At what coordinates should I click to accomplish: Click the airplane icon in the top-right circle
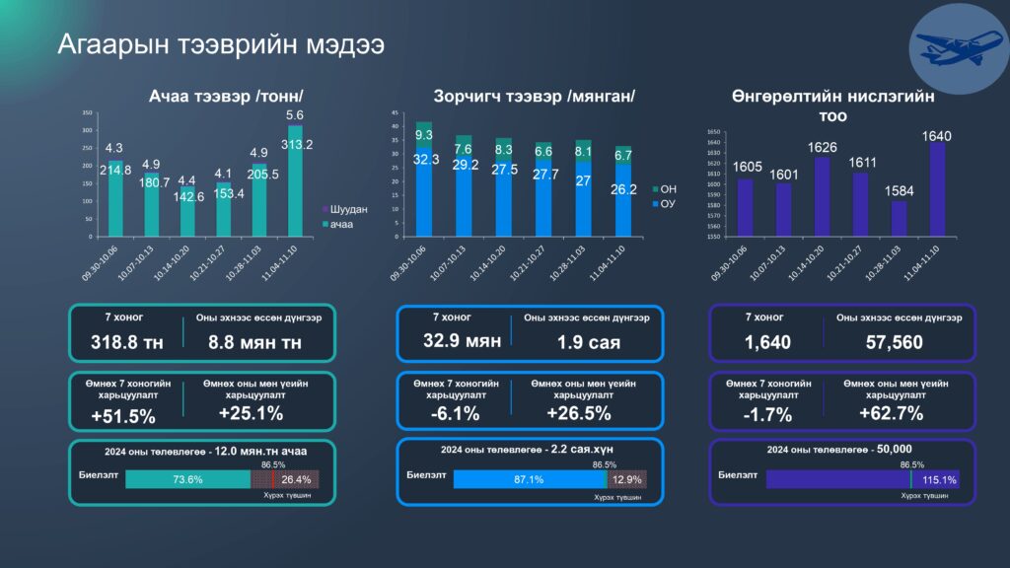click(950, 45)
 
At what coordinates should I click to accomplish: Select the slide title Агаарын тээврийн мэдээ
click(220, 45)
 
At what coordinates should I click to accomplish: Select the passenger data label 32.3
click(424, 159)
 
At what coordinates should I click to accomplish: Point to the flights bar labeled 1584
click(899, 218)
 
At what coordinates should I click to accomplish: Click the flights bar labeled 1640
click(937, 187)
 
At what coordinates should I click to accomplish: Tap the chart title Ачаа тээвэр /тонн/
click(226, 96)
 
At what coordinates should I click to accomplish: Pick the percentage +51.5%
click(122, 416)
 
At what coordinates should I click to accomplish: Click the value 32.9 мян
click(448, 341)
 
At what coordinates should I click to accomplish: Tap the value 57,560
click(895, 341)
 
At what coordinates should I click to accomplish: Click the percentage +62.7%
click(889, 414)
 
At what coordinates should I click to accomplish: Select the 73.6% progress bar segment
click(187, 479)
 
